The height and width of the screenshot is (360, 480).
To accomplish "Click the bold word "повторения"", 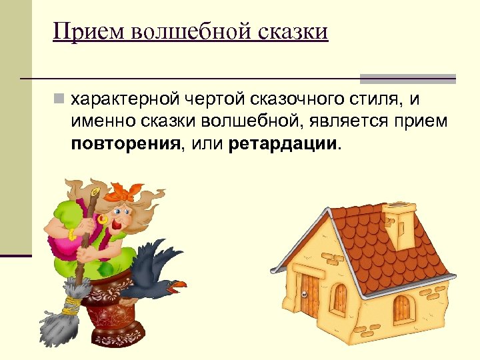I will click(x=126, y=144).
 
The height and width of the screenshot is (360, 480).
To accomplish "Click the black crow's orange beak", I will click(x=177, y=285).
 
